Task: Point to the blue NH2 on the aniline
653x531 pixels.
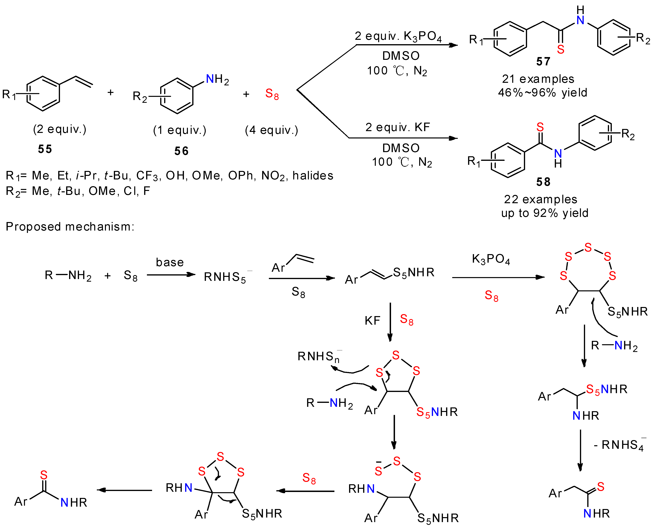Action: tap(217, 80)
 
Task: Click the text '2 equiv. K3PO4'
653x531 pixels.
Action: tap(398, 36)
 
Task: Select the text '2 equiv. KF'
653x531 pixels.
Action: tap(397, 127)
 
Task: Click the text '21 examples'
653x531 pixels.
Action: tap(538, 79)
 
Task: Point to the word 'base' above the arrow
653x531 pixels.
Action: tap(170, 262)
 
